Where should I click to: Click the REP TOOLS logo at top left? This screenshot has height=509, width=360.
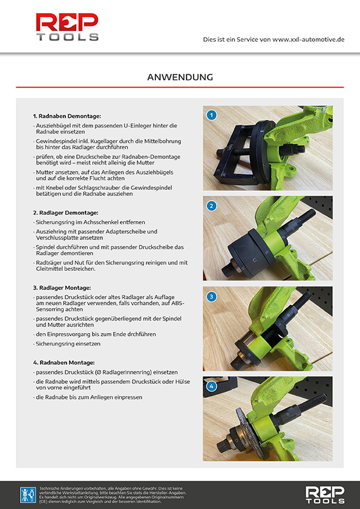click(x=67, y=27)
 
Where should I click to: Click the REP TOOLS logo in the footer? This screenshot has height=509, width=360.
click(x=324, y=494)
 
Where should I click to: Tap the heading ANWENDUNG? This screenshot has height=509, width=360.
click(x=180, y=77)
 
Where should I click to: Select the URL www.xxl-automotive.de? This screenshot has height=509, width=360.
click(x=308, y=39)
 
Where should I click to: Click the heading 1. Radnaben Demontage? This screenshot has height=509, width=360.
click(x=67, y=115)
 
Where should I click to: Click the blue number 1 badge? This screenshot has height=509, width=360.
click(x=211, y=115)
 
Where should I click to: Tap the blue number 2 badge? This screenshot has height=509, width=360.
click(x=211, y=206)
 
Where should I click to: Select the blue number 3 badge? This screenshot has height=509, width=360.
click(x=211, y=296)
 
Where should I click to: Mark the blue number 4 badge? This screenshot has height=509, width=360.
click(x=211, y=386)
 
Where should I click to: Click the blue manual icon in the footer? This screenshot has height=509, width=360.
click(x=28, y=494)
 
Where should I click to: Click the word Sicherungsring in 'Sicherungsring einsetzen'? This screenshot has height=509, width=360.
click(x=52, y=343)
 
